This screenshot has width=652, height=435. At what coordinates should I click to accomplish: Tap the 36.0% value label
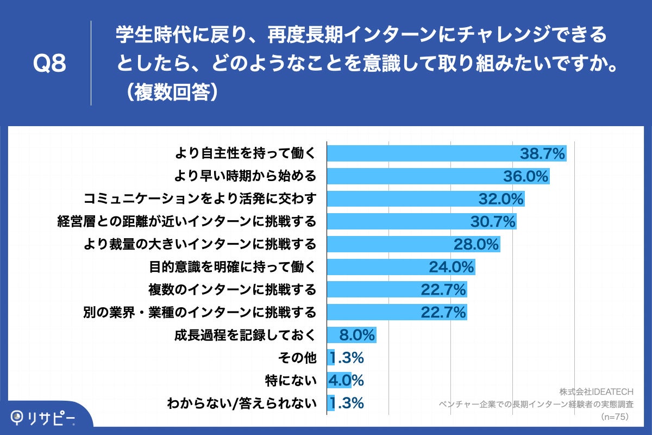(x=525, y=177)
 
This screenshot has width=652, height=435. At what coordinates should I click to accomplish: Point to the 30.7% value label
(x=492, y=222)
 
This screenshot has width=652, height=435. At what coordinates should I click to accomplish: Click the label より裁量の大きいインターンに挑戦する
(x=199, y=244)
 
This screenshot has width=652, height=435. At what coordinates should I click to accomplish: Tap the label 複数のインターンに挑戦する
(x=232, y=290)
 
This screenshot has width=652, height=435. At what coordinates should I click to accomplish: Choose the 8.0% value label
(x=357, y=335)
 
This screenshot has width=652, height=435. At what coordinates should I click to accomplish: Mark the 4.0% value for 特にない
(x=346, y=381)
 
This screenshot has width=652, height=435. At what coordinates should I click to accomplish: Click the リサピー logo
(x=43, y=418)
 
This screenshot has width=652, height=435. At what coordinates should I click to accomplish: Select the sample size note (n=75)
(x=613, y=417)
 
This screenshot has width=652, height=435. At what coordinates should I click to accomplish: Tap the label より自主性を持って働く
(x=244, y=154)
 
